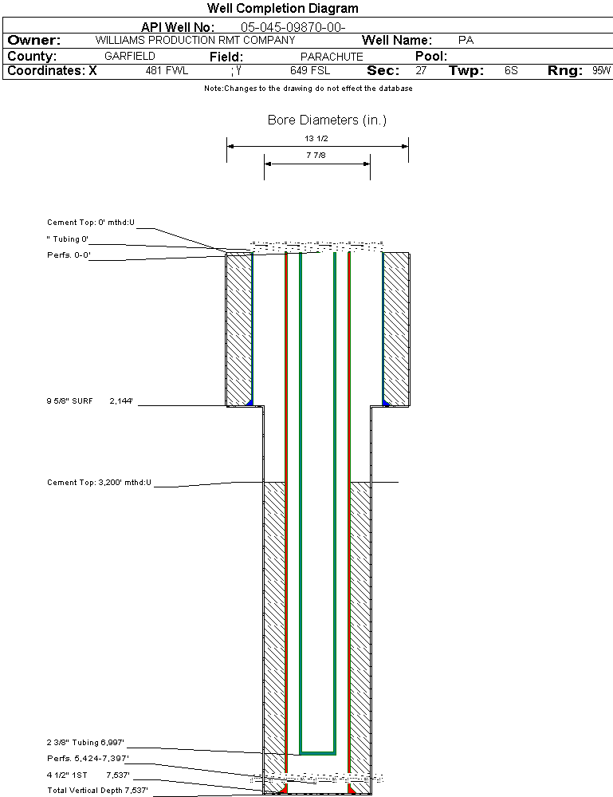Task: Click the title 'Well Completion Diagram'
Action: [282, 9]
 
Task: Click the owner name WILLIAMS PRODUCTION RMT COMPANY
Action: [195, 40]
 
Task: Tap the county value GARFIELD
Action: [130, 57]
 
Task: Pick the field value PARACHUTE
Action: [332, 57]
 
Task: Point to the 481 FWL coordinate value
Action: [167, 71]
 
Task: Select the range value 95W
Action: [601, 71]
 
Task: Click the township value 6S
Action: [511, 71]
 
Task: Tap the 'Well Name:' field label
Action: [397, 41]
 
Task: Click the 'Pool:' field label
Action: [431, 57]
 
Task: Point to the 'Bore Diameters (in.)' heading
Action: [327, 120]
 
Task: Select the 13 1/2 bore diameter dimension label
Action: [316, 138]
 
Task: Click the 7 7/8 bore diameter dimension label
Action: [316, 156]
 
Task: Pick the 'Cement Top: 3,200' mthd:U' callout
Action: [99, 483]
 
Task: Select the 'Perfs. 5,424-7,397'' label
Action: [88, 759]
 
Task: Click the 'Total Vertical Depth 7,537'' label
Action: [97, 791]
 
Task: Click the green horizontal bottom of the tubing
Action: [317, 752]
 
